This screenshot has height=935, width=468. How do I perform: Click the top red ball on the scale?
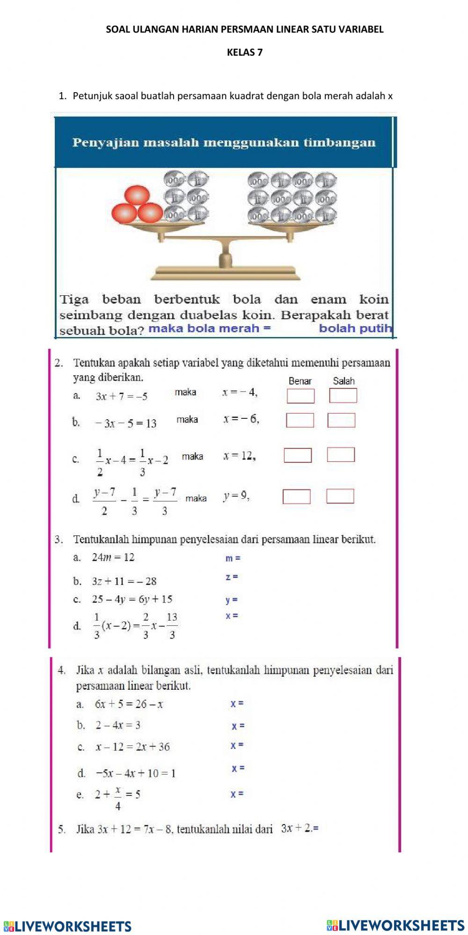[x=136, y=196]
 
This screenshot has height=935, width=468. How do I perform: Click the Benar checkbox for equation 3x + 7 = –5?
[x=300, y=396]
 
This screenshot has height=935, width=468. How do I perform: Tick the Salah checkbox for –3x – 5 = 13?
[x=341, y=420]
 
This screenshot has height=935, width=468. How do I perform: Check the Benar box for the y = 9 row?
[x=296, y=497]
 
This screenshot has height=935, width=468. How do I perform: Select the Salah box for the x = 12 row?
[x=341, y=455]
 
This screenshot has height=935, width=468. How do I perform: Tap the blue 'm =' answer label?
[x=233, y=558]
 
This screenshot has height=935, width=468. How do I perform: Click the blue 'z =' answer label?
[x=232, y=577]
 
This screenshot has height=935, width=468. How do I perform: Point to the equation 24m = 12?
[x=113, y=557]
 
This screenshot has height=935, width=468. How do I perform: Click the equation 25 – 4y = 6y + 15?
[x=132, y=599]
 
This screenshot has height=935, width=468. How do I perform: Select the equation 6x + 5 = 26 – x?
[x=129, y=704]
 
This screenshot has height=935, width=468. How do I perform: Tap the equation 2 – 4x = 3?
[x=118, y=725]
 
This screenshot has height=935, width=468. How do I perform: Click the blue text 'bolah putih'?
[x=355, y=328]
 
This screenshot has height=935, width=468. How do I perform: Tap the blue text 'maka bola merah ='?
[x=209, y=328]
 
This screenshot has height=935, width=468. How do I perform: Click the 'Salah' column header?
[x=344, y=381]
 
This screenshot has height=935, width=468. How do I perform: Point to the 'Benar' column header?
[x=300, y=381]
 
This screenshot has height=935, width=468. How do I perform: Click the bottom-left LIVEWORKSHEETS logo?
[x=68, y=926]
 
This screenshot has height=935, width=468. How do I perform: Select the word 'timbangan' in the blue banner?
[x=339, y=142]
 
